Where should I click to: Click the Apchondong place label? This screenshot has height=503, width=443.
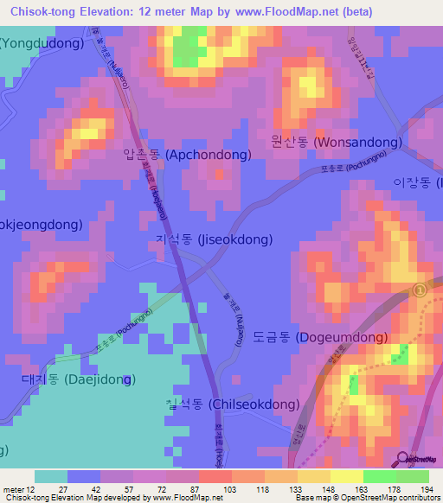pyautogui.click(x=188, y=156)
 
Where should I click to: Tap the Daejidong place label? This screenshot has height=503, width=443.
pyautogui.click(x=77, y=379)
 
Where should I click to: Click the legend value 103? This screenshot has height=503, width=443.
pyautogui.click(x=230, y=489)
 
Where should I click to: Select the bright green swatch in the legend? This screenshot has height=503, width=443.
pyautogui.click(x=380, y=476)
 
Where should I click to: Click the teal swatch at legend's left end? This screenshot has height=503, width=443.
pyautogui.click(x=50, y=476)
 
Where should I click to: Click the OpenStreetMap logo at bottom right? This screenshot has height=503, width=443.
pyautogui.click(x=413, y=460)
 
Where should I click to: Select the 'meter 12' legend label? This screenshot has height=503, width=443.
pyautogui.click(x=20, y=489)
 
